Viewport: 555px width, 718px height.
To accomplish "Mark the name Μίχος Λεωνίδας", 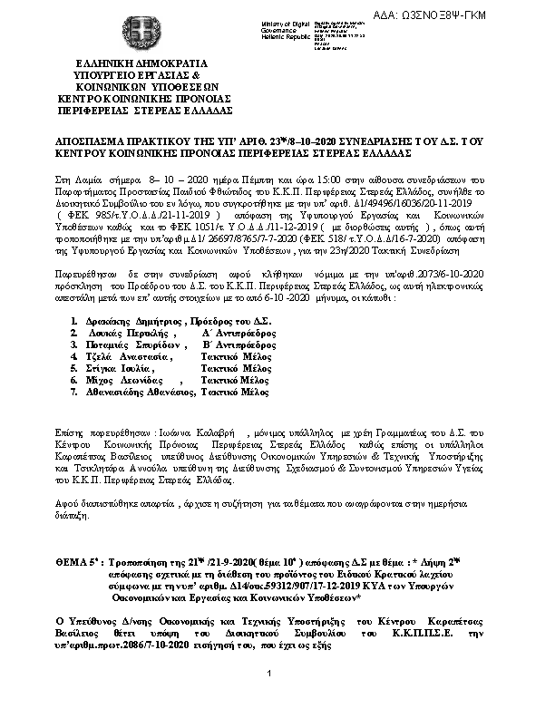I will coord(119,382).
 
